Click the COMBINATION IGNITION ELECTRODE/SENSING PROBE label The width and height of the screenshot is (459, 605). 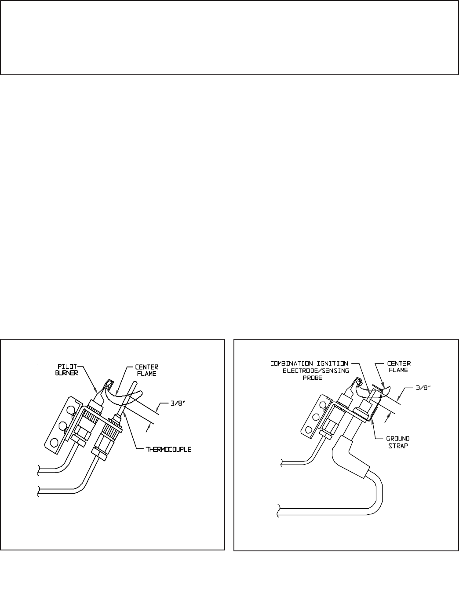(x=309, y=370)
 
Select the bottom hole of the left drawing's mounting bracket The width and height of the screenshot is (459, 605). (x=55, y=442)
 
